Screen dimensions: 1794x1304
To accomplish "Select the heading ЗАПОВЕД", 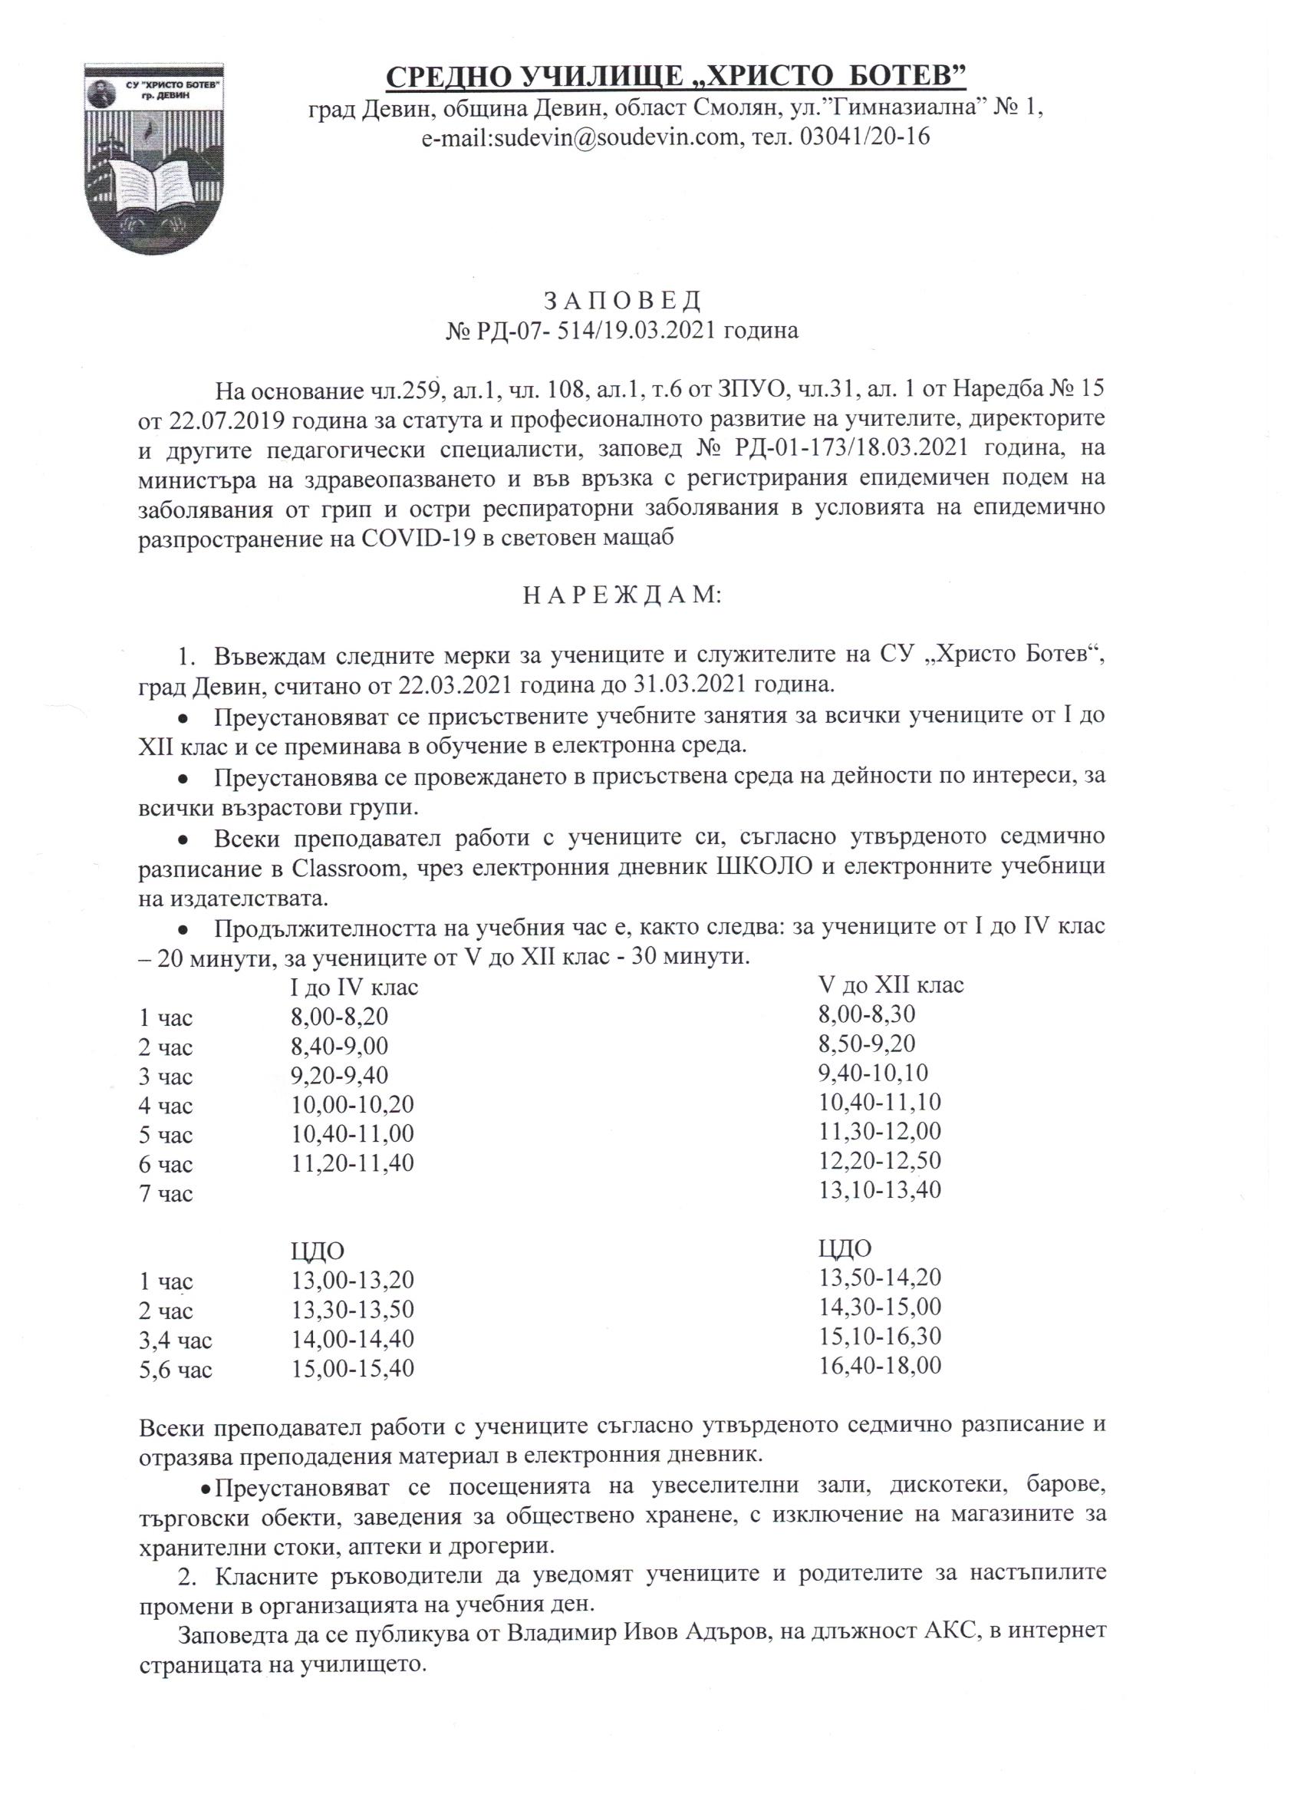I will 621,302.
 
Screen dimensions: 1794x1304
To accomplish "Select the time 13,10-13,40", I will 879,1190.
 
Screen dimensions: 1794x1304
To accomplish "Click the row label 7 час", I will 165,1194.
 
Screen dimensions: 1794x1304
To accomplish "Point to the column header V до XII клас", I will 891,985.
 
